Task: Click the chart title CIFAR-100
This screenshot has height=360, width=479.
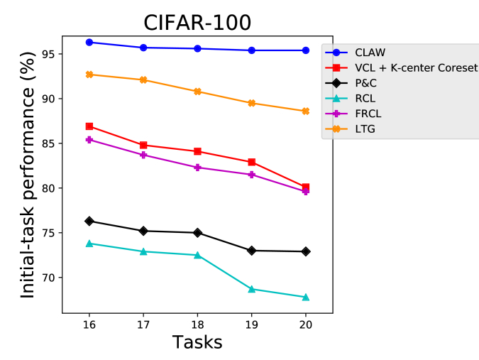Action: coord(197,22)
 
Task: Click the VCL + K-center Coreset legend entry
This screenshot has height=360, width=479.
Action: coord(414,67)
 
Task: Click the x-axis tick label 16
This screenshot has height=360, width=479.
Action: coord(89,323)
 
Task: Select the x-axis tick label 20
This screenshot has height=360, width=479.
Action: coord(306,323)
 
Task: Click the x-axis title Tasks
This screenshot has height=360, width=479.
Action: coord(197,342)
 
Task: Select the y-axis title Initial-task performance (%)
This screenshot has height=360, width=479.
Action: coord(27,173)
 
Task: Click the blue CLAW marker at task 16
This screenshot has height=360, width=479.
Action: coord(89,43)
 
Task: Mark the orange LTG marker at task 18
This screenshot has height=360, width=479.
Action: coord(197,92)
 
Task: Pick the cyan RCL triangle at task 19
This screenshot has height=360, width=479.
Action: coord(252,289)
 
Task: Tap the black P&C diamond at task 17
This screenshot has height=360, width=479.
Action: coord(143,231)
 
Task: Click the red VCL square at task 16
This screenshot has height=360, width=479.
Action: coord(89,126)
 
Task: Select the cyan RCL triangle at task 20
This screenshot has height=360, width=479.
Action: coord(306,297)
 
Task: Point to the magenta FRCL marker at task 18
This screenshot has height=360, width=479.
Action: coord(197,168)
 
